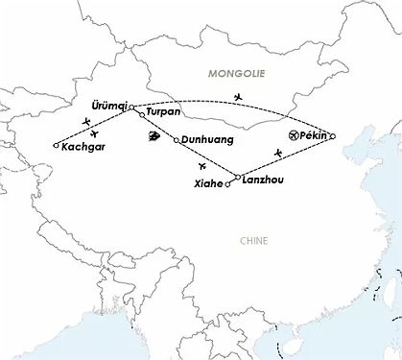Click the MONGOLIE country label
238,72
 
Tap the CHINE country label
255,241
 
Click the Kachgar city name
83,148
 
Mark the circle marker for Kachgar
56,146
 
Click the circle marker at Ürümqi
131,107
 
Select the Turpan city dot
142,115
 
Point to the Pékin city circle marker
332,136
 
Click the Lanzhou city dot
237,177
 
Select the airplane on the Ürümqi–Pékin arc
238,98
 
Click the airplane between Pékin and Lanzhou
278,154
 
